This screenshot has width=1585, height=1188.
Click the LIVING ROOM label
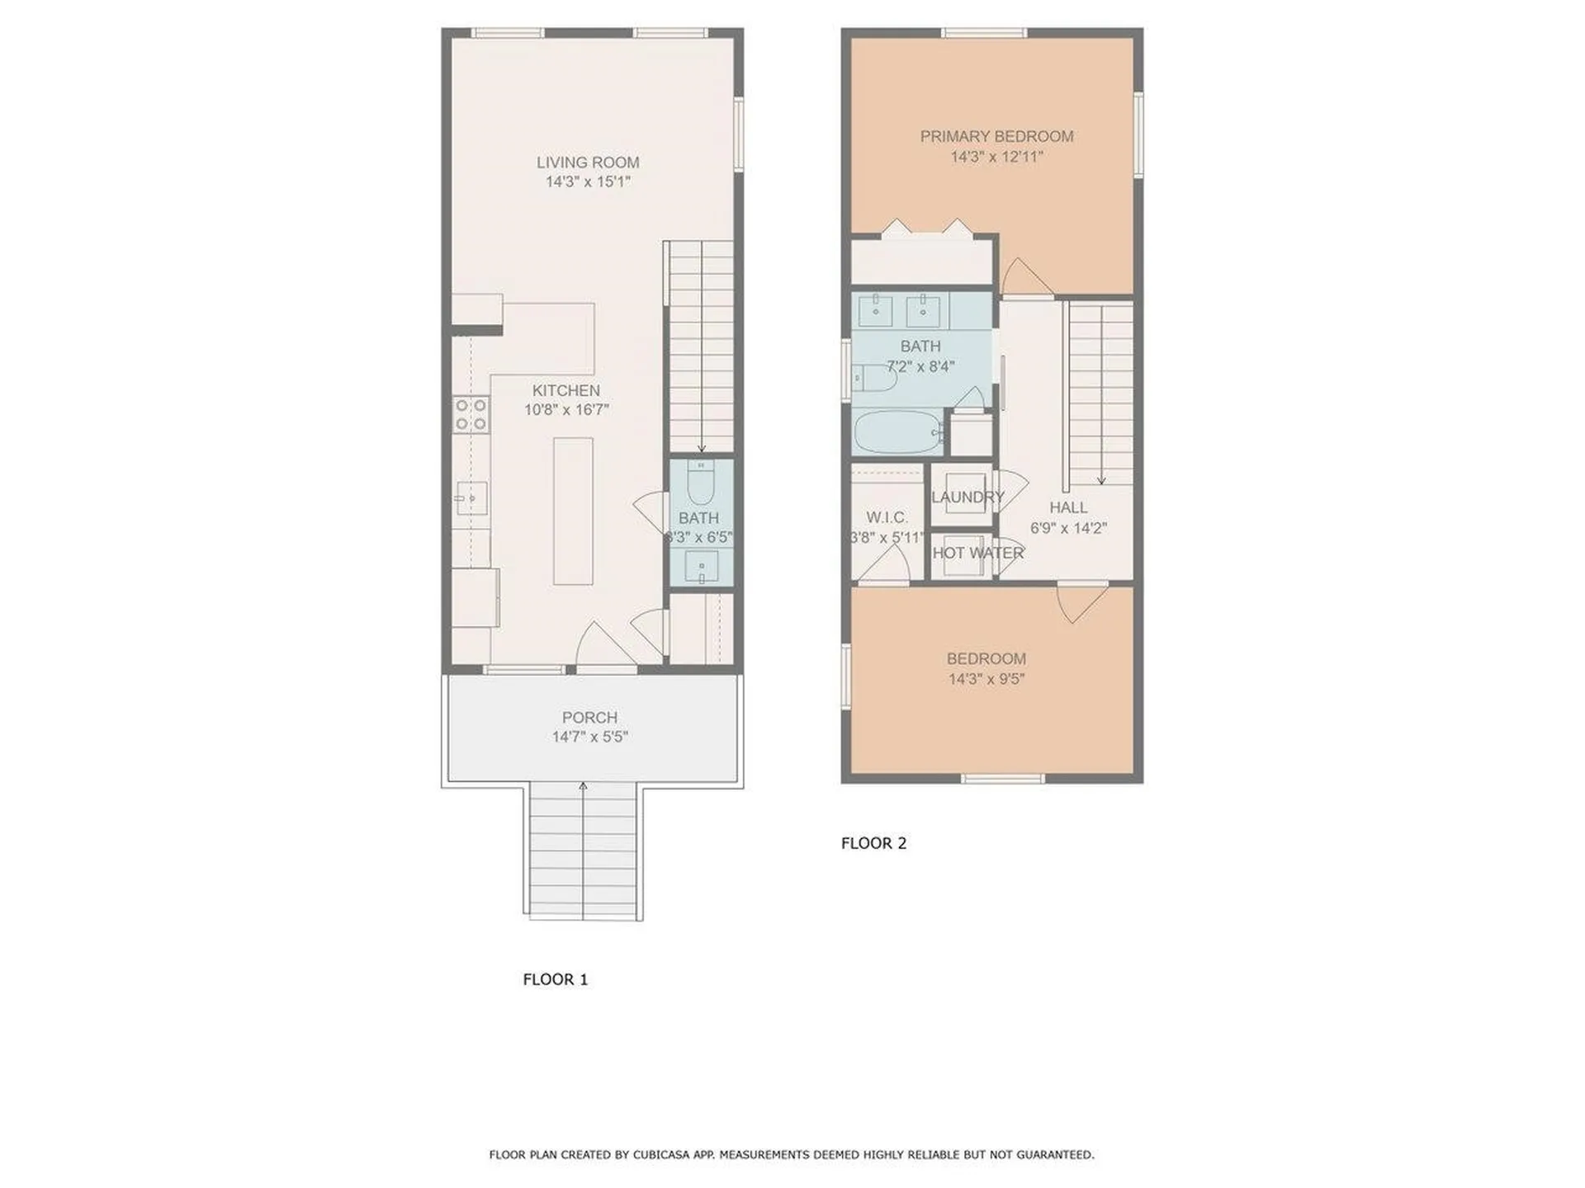coord(588,163)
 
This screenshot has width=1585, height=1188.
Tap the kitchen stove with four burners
coord(471,414)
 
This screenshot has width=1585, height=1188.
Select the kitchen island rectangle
coord(573,511)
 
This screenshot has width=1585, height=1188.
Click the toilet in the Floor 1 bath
coord(700,484)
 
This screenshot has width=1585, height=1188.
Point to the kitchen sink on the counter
coord(472,498)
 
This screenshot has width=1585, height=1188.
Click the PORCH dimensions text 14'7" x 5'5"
coord(589,737)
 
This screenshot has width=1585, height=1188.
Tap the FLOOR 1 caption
coord(555,979)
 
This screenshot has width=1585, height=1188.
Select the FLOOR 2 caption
coord(873,843)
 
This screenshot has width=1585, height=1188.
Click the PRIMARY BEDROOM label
coord(996,136)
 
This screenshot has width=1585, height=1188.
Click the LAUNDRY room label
coord(967,497)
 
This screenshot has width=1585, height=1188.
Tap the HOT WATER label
coord(977,553)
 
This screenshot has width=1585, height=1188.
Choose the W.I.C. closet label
coord(887,517)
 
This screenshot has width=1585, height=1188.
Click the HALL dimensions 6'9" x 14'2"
coord(1068,528)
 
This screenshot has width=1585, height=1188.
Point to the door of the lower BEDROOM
coord(1081,601)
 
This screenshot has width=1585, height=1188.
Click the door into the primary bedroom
coord(1023,278)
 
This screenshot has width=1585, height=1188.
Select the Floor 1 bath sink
coord(701,567)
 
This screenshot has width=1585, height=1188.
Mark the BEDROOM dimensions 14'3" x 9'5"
coord(986,679)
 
